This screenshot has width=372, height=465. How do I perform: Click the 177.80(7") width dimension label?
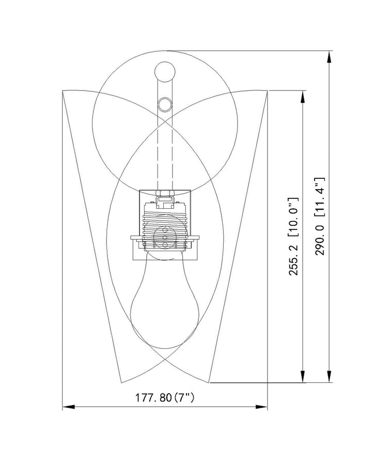(x=165, y=398)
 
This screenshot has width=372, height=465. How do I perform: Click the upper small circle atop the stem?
(x=165, y=71)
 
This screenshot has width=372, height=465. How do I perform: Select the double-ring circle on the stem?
(x=165, y=104)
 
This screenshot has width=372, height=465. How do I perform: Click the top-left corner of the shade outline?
(x=63, y=91)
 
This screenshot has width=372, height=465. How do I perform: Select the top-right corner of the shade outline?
(x=267, y=91)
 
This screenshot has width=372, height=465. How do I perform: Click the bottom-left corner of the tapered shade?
(x=120, y=382)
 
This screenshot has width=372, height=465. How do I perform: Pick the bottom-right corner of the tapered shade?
(x=210, y=382)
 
